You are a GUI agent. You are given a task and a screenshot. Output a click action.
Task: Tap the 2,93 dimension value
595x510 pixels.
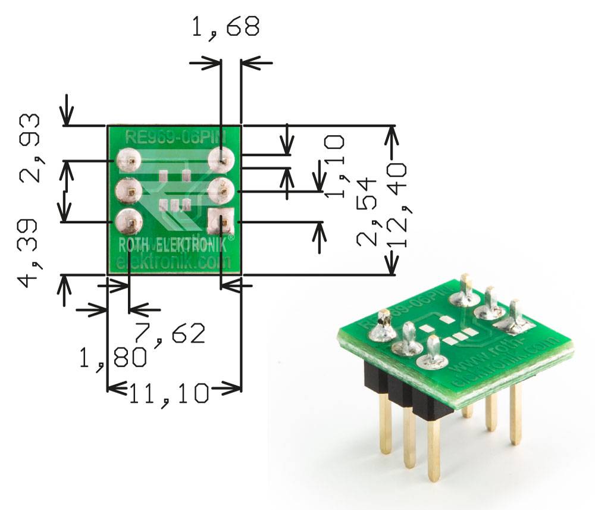pos(30,148)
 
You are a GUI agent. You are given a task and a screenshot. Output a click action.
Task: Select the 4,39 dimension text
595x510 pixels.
pos(29,252)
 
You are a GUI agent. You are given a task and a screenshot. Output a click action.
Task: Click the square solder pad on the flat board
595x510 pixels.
pos(221,221)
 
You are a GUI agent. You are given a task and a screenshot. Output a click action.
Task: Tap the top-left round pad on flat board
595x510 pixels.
pos(128,161)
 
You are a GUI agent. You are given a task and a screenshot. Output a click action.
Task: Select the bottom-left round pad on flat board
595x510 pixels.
pos(129,223)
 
